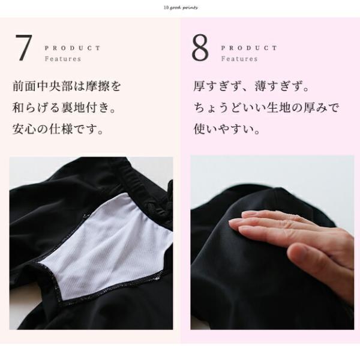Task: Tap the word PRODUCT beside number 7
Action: point(73,48)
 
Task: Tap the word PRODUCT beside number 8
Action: point(249,48)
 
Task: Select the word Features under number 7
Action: point(63,59)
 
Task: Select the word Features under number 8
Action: point(239,59)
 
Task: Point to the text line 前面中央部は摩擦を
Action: point(67,86)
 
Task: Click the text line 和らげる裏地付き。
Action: point(67,108)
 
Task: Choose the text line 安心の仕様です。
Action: point(58,129)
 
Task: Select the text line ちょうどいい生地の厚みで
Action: point(266,108)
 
